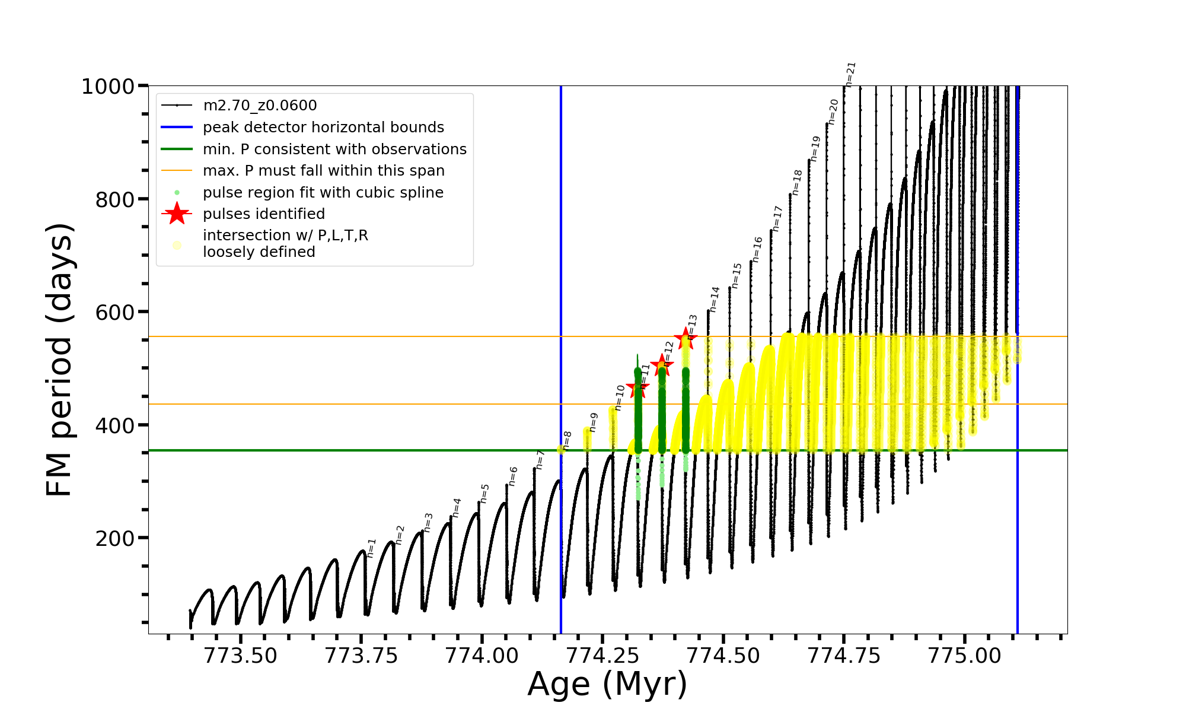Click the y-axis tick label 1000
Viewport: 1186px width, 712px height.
click(x=108, y=87)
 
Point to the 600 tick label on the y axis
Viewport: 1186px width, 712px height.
click(x=115, y=313)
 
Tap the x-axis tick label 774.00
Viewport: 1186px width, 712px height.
click(x=482, y=656)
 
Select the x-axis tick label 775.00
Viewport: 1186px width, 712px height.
click(x=964, y=656)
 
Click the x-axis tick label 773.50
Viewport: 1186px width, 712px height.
click(x=240, y=656)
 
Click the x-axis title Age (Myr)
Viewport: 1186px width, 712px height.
click(x=607, y=684)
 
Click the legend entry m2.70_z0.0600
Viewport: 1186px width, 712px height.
click(x=260, y=106)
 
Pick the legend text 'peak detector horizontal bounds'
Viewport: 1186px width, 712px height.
click(x=323, y=128)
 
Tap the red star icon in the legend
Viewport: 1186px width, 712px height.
click(x=177, y=214)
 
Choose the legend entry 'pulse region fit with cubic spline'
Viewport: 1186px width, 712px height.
click(x=323, y=193)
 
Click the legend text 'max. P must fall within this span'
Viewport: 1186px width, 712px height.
click(x=323, y=171)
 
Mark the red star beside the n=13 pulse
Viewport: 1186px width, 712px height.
click(x=686, y=339)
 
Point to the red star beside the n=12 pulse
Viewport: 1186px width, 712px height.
click(x=661, y=365)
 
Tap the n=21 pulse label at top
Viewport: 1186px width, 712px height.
click(x=850, y=75)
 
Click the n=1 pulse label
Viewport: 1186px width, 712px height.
click(x=371, y=548)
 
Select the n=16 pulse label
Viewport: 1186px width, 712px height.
click(x=757, y=250)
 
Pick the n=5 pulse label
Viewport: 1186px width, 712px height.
click(x=484, y=494)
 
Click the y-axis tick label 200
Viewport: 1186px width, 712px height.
click(x=115, y=539)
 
